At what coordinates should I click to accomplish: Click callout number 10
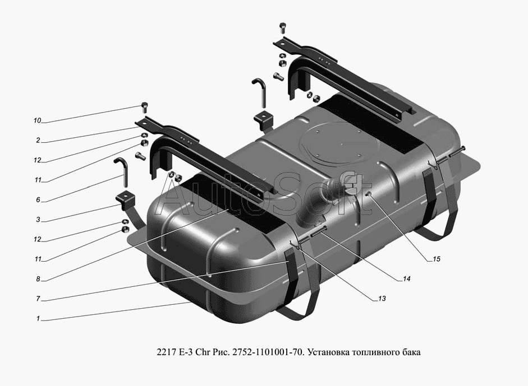[x=37, y=120]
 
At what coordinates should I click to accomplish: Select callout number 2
[x=38, y=141]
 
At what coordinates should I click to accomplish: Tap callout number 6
[x=38, y=200]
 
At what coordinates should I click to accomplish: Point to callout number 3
[x=38, y=220]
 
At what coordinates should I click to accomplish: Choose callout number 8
[x=38, y=279]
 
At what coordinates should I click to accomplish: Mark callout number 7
[x=38, y=299]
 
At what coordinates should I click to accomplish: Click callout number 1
[x=38, y=318]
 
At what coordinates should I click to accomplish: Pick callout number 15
[x=436, y=259]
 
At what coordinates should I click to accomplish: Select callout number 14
[x=406, y=279]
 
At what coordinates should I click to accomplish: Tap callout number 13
[x=382, y=299]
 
